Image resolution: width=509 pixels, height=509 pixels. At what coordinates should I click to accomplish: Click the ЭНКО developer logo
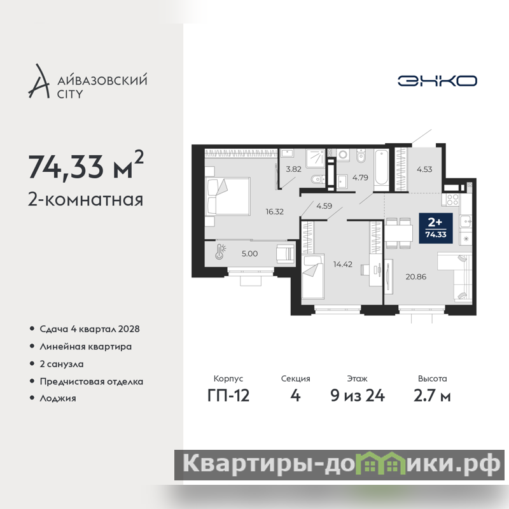[437, 81]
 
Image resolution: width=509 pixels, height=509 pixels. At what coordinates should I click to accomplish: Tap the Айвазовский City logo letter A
[39, 81]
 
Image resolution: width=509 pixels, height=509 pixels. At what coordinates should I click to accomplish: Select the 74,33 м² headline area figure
[86, 165]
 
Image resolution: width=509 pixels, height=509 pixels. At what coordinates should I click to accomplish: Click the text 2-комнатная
[85, 199]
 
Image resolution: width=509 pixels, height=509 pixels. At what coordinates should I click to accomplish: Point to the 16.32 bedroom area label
[275, 212]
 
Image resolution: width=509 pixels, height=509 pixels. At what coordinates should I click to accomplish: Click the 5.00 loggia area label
[249, 253]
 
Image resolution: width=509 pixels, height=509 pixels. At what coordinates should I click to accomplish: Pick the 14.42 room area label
[343, 264]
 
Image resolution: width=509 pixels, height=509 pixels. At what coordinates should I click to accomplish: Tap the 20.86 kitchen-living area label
[416, 277]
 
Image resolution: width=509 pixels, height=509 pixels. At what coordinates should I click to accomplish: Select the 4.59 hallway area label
[324, 206]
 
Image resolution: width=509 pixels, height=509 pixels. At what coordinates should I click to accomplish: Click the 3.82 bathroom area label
[293, 169]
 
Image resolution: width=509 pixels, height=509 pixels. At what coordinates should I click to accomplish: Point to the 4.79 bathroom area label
[360, 178]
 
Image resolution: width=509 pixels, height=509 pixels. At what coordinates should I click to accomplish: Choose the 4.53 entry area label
[424, 169]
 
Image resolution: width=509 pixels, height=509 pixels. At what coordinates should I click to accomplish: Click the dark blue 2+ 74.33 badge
[436, 228]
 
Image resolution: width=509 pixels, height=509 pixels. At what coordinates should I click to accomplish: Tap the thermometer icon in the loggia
[220, 251]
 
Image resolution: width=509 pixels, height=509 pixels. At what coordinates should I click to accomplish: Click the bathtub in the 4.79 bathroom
[381, 171]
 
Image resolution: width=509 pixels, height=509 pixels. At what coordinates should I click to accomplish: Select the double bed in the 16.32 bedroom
[228, 196]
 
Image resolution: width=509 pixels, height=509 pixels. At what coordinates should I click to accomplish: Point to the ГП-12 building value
[228, 395]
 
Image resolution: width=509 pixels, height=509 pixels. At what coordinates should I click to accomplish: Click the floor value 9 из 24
[358, 395]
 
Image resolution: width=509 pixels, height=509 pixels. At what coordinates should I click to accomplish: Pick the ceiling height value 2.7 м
[432, 395]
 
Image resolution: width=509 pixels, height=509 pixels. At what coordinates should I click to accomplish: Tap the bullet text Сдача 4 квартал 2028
[90, 329]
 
